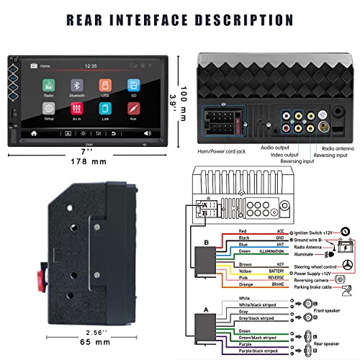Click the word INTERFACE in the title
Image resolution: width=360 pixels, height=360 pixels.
(x=175, y=19)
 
